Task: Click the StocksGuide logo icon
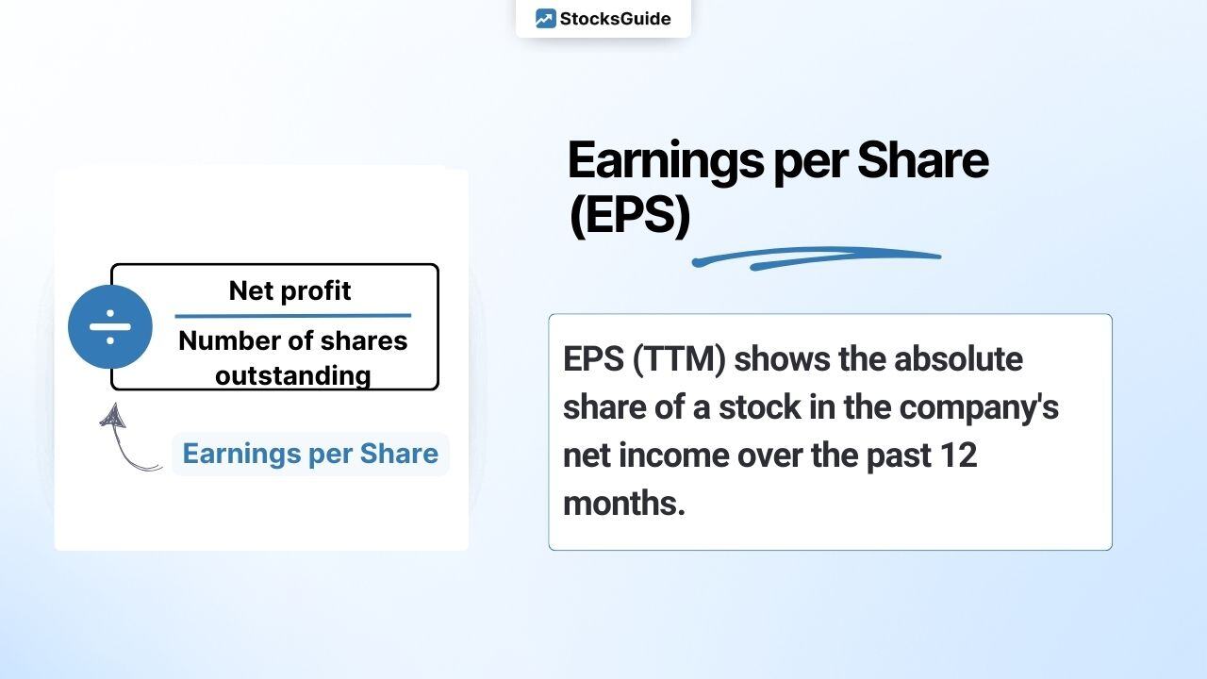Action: pos(545,19)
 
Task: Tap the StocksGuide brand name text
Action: pos(615,19)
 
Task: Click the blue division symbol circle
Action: pos(110,326)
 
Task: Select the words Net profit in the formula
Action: pos(289,291)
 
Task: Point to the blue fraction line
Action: pos(293,316)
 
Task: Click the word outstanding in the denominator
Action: pos(292,375)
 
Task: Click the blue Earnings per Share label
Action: pos(310,454)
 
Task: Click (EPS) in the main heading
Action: pos(629,216)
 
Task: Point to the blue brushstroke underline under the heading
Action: pos(816,257)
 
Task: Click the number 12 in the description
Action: pos(959,455)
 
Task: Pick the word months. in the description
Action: pos(623,504)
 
